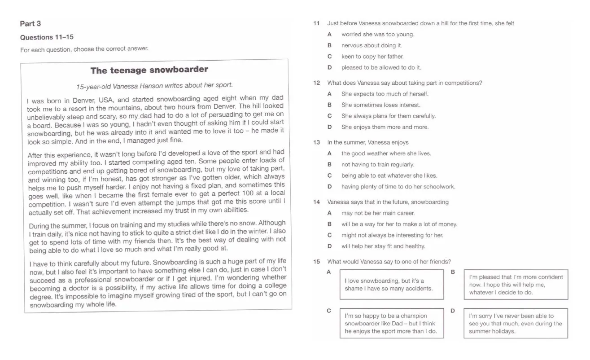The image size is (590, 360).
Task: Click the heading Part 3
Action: (31, 24)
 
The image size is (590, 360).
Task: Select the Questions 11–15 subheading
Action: (47, 37)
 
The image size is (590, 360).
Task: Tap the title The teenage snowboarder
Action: (149, 70)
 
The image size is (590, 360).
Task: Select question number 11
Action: (316, 23)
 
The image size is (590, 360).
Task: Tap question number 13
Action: (316, 143)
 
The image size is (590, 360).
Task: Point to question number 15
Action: (316, 262)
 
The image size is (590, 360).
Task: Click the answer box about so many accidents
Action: (389, 285)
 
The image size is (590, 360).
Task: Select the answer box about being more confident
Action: (516, 285)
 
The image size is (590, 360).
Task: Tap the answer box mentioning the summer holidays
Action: (516, 324)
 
